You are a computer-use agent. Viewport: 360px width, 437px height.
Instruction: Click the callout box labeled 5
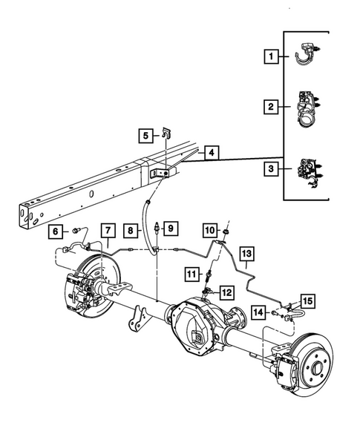click(x=146, y=135)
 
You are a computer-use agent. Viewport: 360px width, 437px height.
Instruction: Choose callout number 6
click(x=55, y=231)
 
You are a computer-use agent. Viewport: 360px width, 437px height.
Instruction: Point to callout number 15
click(x=307, y=300)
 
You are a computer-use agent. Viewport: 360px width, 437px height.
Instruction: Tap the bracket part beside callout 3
click(x=309, y=173)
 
